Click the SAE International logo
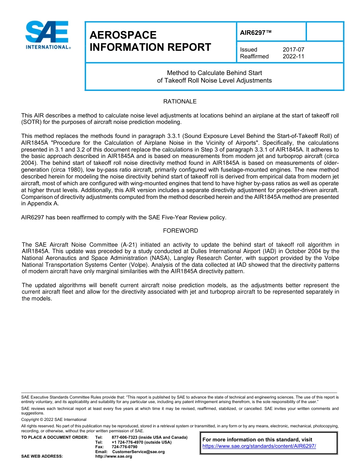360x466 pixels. [x=47, y=35]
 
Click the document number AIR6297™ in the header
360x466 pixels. [x=256, y=33]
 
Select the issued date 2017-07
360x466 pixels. [x=293, y=50]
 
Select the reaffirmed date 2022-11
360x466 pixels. [x=293, y=56]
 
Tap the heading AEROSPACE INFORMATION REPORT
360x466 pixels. [x=150, y=41]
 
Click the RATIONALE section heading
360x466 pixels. [x=180, y=102]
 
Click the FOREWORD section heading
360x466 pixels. [x=180, y=231]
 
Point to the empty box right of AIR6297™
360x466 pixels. [x=324, y=31]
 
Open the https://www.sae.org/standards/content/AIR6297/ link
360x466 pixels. [x=259, y=446]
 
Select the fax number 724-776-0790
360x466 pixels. [x=125, y=447]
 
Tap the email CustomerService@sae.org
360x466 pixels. [x=138, y=452]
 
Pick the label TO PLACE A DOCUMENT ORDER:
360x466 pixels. [x=55, y=438]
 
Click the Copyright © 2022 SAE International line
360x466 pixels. [x=54, y=419]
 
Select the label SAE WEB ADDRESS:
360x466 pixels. [x=42, y=457]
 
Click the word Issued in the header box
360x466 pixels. [x=249, y=50]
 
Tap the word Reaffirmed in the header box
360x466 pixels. [x=254, y=56]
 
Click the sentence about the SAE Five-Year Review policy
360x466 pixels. [x=124, y=217]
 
